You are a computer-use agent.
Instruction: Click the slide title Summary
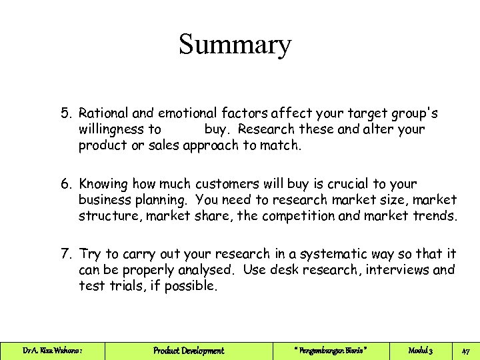click(x=235, y=45)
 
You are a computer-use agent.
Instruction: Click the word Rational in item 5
click(x=105, y=113)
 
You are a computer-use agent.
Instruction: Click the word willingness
click(x=111, y=129)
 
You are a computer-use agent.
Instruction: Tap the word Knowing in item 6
click(x=103, y=183)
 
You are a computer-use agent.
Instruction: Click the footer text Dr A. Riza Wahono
click(x=53, y=351)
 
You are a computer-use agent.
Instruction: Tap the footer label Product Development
click(x=189, y=351)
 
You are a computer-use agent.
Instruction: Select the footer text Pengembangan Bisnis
click(x=330, y=351)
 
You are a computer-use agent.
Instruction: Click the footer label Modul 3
click(x=421, y=351)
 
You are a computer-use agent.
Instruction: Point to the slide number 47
click(x=466, y=351)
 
